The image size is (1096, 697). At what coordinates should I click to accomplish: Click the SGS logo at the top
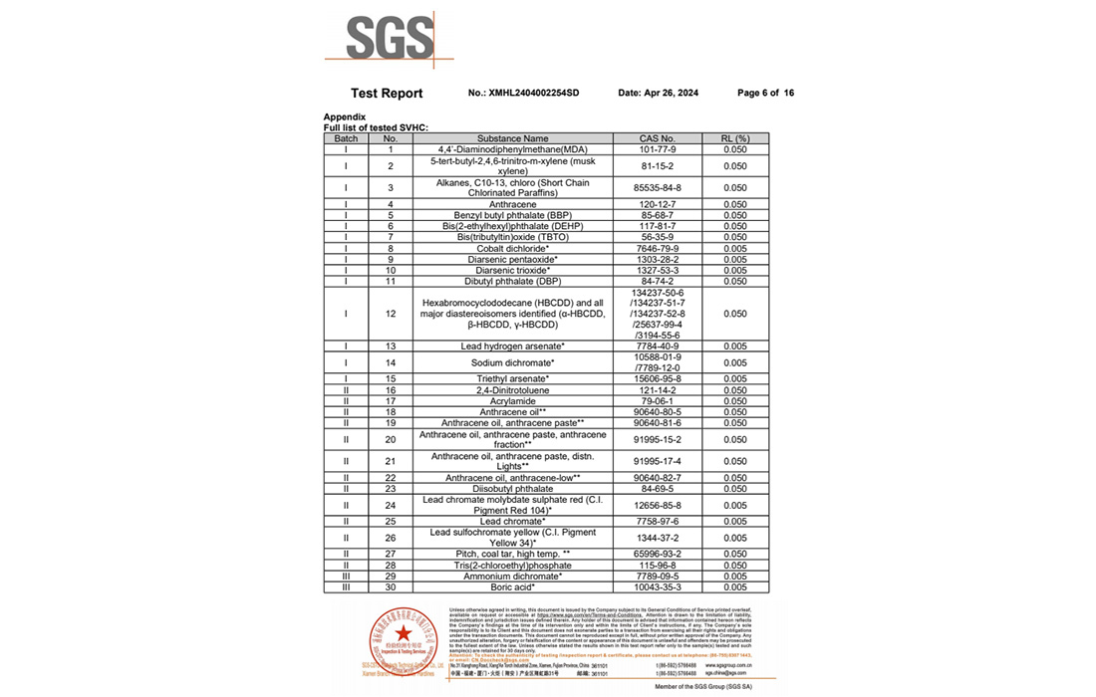click(x=391, y=39)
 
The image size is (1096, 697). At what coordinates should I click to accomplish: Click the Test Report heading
click(x=387, y=94)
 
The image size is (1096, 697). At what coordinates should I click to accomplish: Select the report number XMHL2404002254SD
click(x=534, y=94)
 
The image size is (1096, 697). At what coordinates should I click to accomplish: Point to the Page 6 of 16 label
click(x=765, y=94)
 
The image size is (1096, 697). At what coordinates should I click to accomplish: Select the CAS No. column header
click(x=658, y=138)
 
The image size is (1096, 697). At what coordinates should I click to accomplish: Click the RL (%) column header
click(x=735, y=138)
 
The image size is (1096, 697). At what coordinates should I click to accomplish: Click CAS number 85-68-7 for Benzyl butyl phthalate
click(x=658, y=215)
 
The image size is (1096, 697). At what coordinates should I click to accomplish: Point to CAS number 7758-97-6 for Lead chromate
click(x=658, y=522)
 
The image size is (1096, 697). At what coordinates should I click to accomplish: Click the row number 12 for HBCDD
click(x=391, y=314)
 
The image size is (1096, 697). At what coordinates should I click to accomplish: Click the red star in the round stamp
click(x=403, y=634)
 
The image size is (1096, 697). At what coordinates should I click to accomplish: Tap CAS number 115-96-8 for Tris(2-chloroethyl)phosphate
click(x=658, y=565)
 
